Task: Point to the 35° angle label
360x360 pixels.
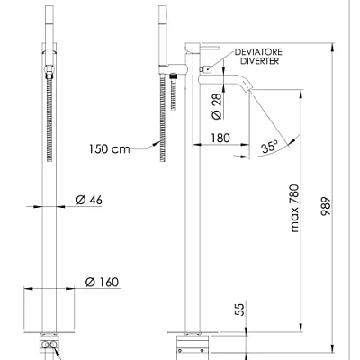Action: tap(270, 144)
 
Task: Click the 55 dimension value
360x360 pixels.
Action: tap(239, 310)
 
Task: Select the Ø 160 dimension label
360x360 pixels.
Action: tap(102, 282)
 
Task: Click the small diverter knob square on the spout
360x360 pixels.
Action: tap(204, 68)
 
